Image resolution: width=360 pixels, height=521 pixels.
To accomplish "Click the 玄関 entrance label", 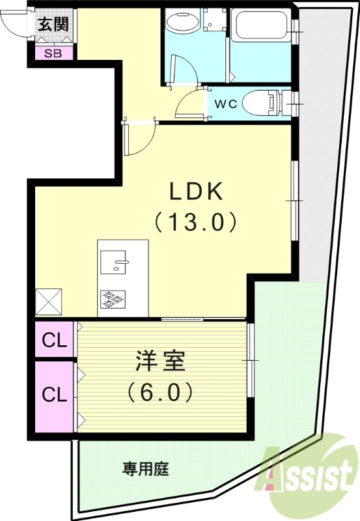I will tap(53, 25).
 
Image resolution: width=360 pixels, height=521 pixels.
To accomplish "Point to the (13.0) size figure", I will tap(195, 223).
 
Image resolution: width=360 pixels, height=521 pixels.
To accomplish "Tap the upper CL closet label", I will tap(54, 340).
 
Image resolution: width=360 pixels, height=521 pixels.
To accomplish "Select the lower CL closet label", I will tap(54, 394).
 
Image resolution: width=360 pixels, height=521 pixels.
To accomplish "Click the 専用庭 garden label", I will tap(146, 468).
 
